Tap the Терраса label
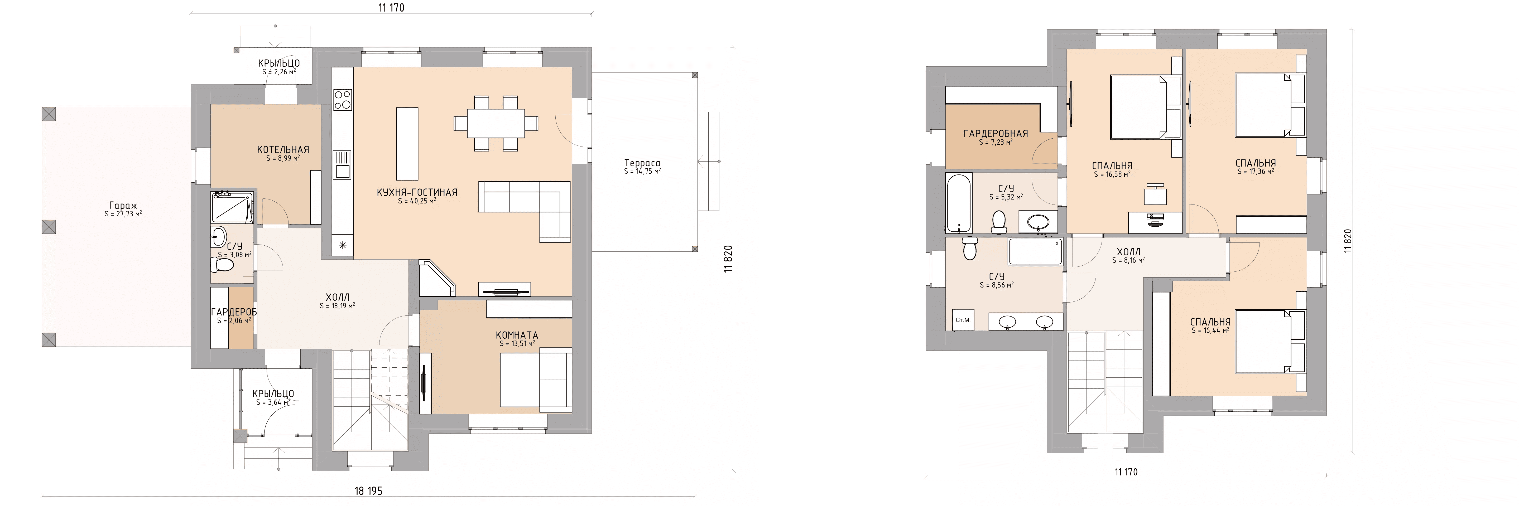pos(642,163)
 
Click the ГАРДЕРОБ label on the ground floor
pos(234,312)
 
